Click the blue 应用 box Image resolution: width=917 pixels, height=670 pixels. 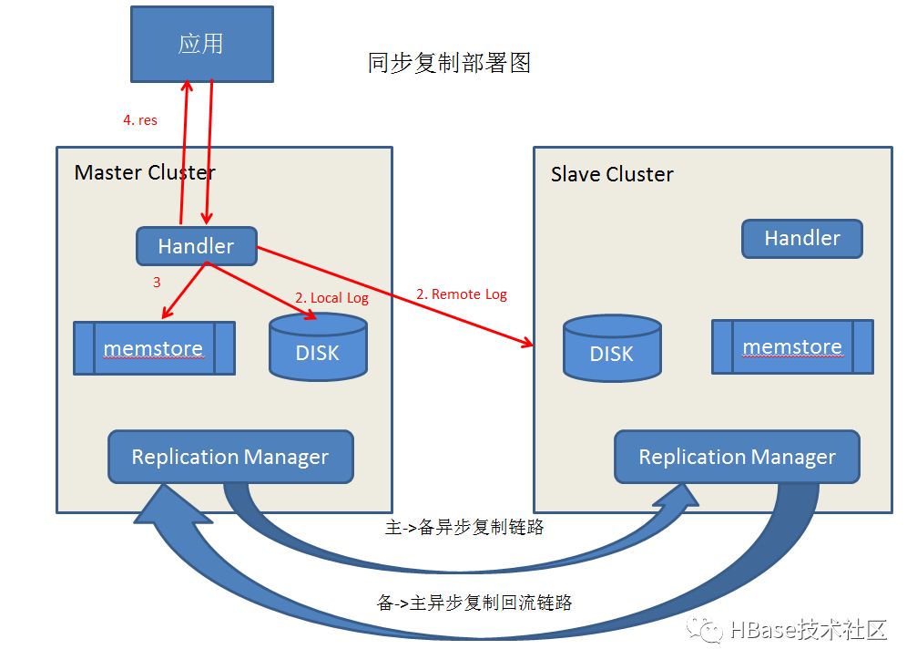tap(202, 44)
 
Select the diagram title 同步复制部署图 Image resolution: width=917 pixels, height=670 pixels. tap(449, 63)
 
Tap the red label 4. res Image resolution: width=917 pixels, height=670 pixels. tap(140, 120)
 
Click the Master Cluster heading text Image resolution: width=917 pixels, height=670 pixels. tap(145, 172)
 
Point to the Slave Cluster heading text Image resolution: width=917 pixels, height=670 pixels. tap(612, 174)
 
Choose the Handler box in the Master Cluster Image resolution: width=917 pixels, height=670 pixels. tap(197, 246)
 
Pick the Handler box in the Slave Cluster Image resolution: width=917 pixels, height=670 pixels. tap(802, 238)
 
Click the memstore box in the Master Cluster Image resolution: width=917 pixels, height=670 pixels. tap(155, 348)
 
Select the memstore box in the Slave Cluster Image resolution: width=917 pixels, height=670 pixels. tap(792, 346)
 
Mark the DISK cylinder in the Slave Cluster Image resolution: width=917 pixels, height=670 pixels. tap(612, 348)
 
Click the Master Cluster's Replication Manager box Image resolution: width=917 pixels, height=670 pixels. tap(230, 457)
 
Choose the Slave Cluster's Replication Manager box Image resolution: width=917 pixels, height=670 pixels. tap(737, 457)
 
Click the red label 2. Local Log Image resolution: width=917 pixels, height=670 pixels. tap(331, 298)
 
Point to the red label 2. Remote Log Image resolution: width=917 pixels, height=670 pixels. tap(462, 294)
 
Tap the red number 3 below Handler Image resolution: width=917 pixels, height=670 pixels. tap(157, 283)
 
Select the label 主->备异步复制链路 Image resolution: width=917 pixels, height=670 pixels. tap(464, 527)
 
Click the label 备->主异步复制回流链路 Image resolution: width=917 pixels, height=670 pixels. tap(474, 602)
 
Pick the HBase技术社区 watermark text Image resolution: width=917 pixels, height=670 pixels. tap(809, 630)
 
